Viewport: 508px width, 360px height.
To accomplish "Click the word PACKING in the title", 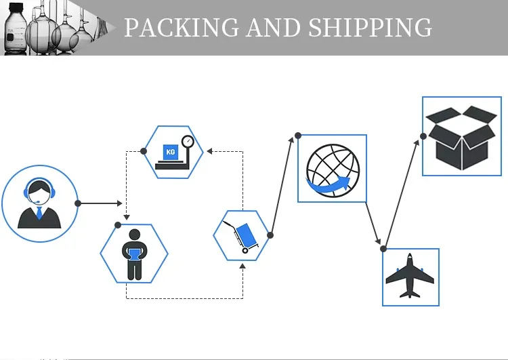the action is pyautogui.click(x=182, y=28).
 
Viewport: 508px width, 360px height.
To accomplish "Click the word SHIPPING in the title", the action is pyautogui.click(x=370, y=28).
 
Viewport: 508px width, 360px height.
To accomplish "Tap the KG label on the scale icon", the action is pyautogui.click(x=171, y=152).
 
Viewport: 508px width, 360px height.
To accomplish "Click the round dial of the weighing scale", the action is pyautogui.click(x=188, y=142).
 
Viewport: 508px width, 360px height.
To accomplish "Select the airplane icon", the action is pyautogui.click(x=410, y=276).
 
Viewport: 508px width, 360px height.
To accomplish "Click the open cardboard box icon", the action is pyautogui.click(x=461, y=138).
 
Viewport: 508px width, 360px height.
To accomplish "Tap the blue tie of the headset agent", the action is pyautogui.click(x=39, y=213).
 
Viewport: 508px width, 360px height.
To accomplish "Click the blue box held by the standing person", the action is pyautogui.click(x=135, y=254).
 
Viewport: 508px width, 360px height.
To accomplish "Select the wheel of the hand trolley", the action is pyautogui.click(x=245, y=250).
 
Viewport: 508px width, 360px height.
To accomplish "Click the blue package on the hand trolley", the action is pyautogui.click(x=246, y=235).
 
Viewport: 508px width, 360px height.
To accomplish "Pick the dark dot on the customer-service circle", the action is pyautogui.click(x=78, y=203).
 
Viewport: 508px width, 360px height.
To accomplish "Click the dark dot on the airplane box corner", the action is pyautogui.click(x=383, y=249).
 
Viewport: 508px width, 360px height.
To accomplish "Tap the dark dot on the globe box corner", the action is pyautogui.click(x=298, y=136).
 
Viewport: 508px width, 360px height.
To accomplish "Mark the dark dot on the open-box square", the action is pyautogui.click(x=423, y=136).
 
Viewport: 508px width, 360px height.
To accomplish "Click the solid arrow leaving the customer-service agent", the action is pyautogui.click(x=101, y=203).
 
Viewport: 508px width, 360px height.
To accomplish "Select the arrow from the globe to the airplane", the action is pyautogui.click(x=373, y=223).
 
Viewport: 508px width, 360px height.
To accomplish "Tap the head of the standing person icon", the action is pyautogui.click(x=135, y=235).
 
